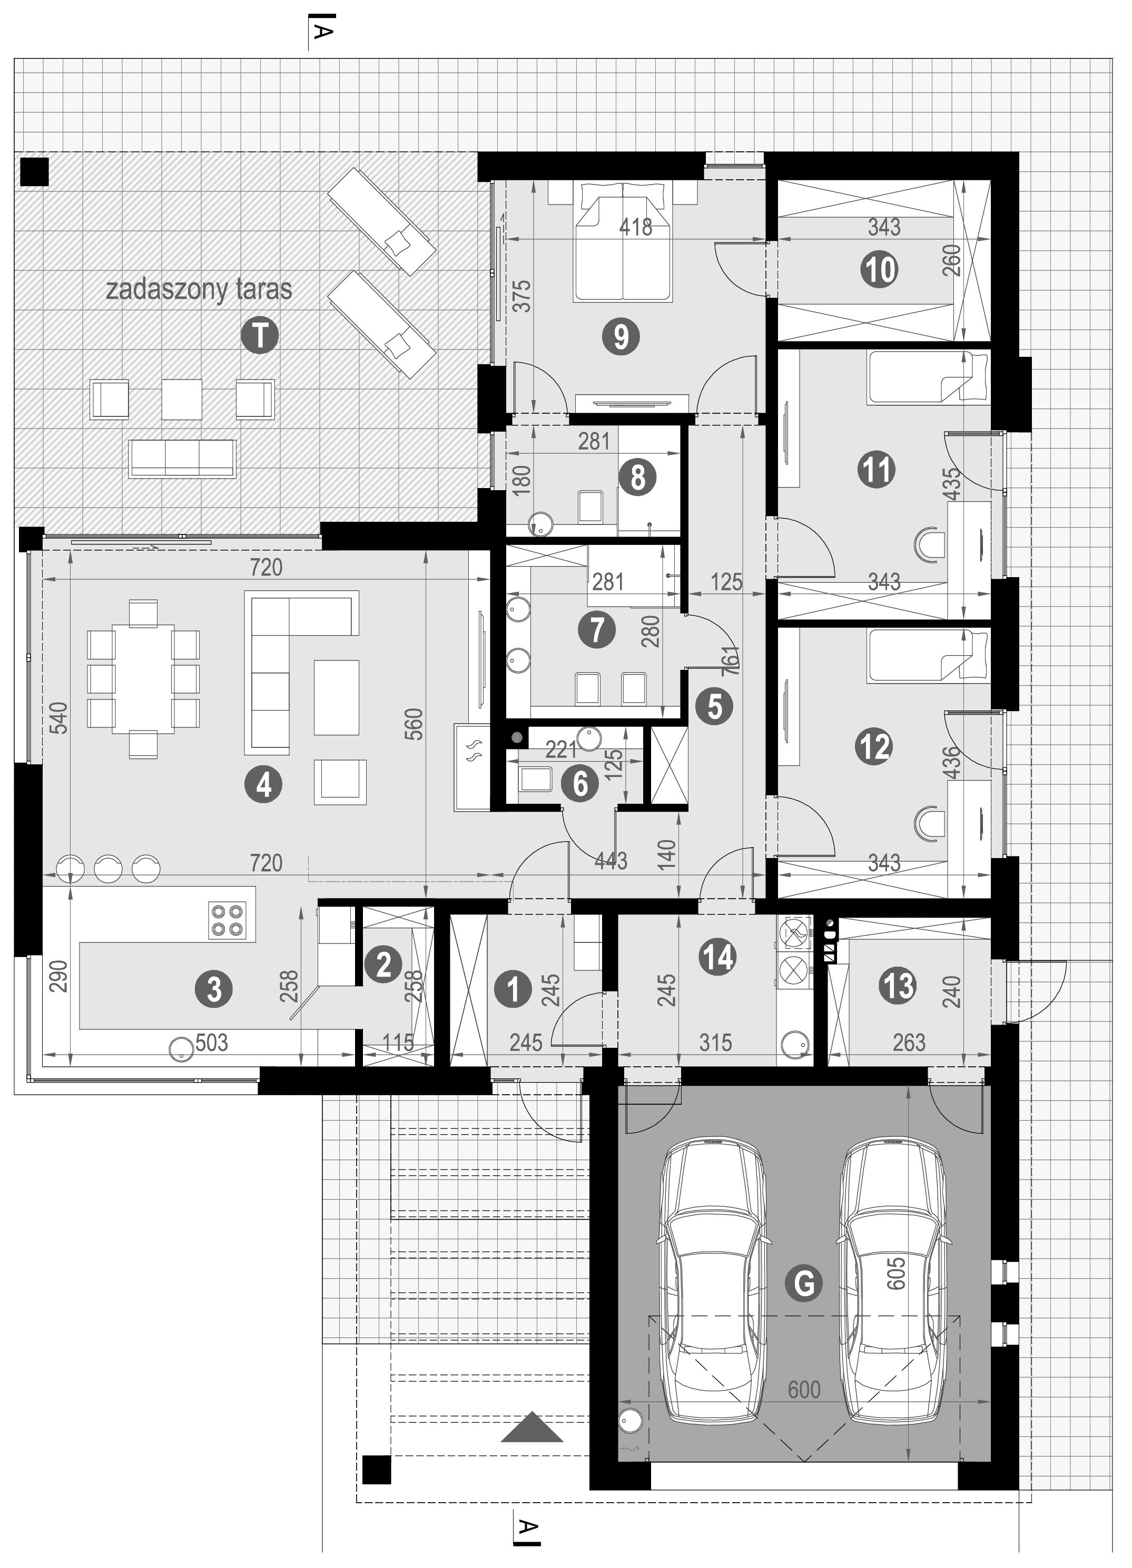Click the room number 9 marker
621,337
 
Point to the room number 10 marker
880,269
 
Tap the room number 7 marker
597,630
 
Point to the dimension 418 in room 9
636,227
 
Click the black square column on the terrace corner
35,171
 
